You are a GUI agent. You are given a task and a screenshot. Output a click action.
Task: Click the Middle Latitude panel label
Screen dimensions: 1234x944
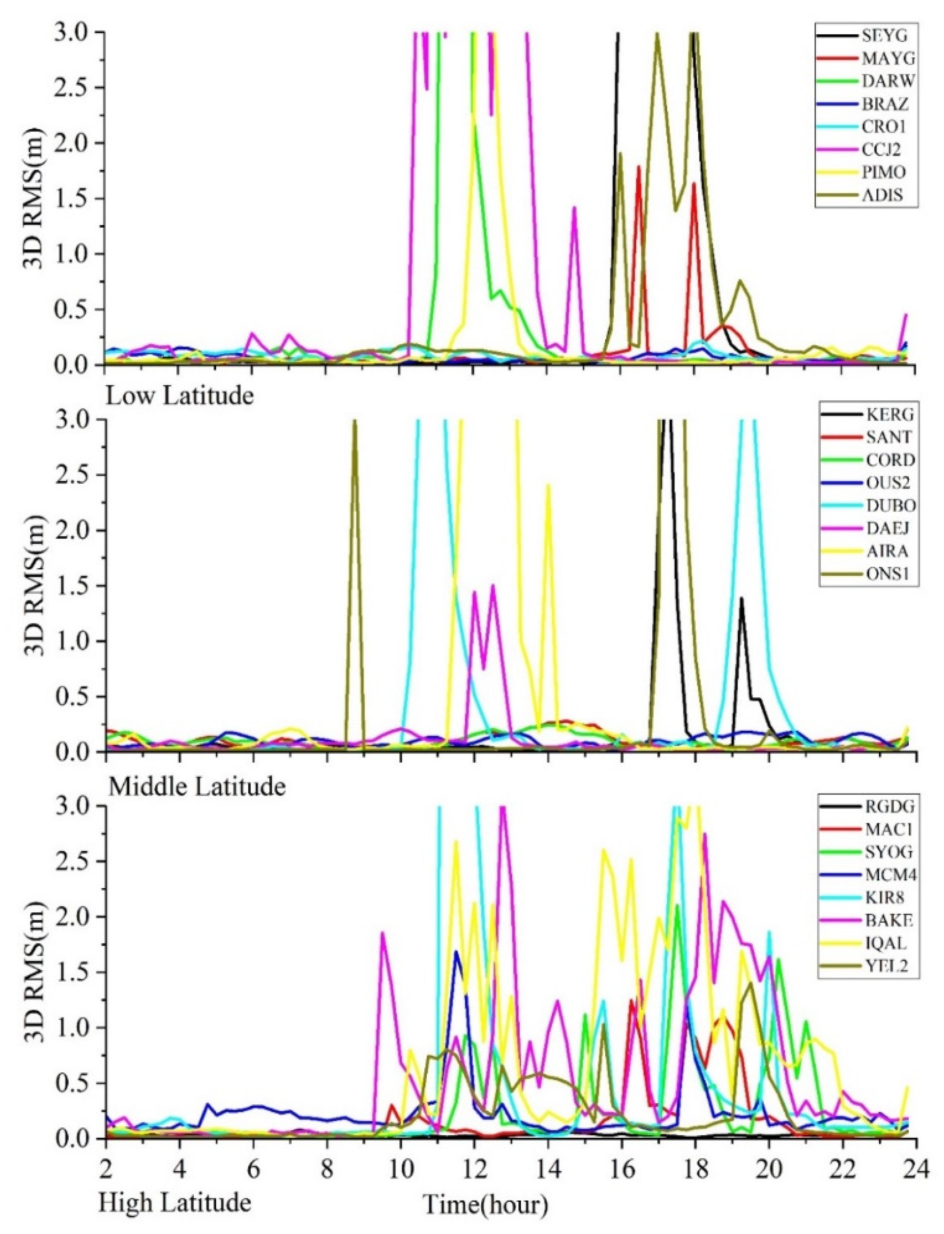[196, 787]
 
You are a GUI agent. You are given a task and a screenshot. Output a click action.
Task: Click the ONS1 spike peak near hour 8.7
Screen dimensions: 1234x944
[355, 423]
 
